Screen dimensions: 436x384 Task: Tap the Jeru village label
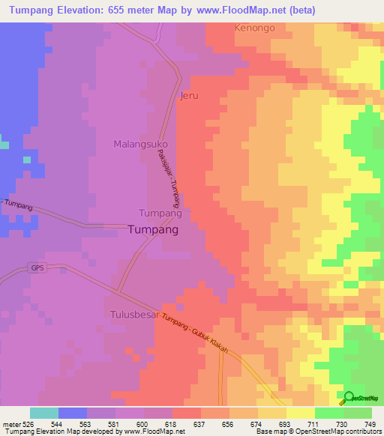pyautogui.click(x=190, y=96)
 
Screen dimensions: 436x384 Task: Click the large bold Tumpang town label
pyautogui.click(x=154, y=231)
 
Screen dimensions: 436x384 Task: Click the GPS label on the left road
pyautogui.click(x=37, y=267)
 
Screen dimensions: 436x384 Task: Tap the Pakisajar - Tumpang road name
pyautogui.click(x=169, y=178)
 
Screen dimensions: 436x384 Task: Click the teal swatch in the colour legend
pyautogui.click(x=44, y=413)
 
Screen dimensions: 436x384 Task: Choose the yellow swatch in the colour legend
pyautogui.click(x=301, y=413)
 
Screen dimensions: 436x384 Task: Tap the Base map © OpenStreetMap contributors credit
pyautogui.click(x=317, y=431)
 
